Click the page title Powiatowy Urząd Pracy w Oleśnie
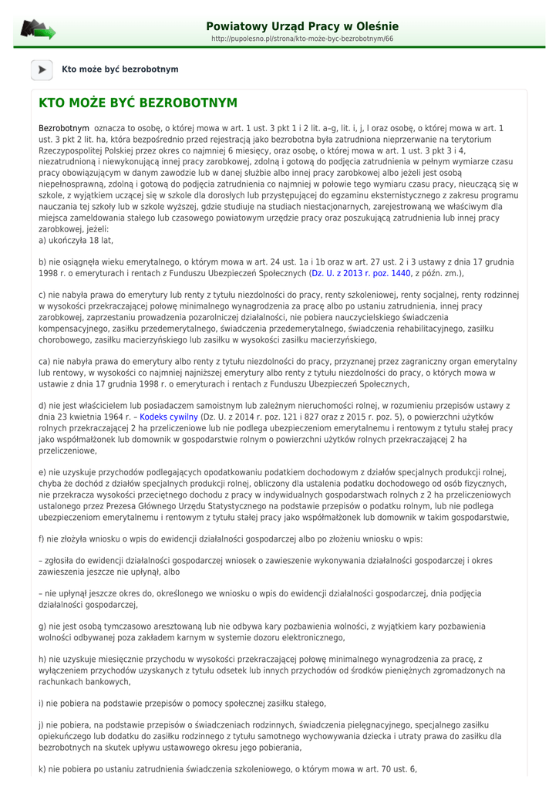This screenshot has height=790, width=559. coord(302,26)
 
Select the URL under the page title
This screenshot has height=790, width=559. coord(302,39)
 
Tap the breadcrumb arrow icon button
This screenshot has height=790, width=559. coord(42,69)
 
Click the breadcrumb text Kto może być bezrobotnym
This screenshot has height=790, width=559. coord(120,69)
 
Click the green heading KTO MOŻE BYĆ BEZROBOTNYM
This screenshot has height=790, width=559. coord(138,103)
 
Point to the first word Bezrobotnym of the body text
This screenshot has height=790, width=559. coord(64,128)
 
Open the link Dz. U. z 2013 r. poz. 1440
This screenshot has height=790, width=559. coord(361,273)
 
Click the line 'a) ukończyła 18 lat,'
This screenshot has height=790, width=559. coord(76,241)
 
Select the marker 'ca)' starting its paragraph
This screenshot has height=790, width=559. coord(45,361)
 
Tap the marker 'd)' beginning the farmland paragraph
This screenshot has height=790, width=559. coord(43,406)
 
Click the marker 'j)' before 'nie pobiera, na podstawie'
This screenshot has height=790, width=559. coord(42,726)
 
